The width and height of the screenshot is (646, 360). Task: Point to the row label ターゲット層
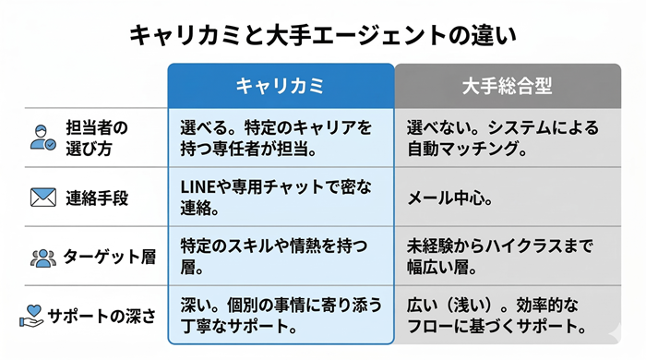point(104,257)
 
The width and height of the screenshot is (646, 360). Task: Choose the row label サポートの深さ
point(102,316)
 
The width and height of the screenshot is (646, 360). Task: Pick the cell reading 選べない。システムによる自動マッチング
point(503,137)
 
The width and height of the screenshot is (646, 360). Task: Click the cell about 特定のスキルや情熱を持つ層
point(273,256)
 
